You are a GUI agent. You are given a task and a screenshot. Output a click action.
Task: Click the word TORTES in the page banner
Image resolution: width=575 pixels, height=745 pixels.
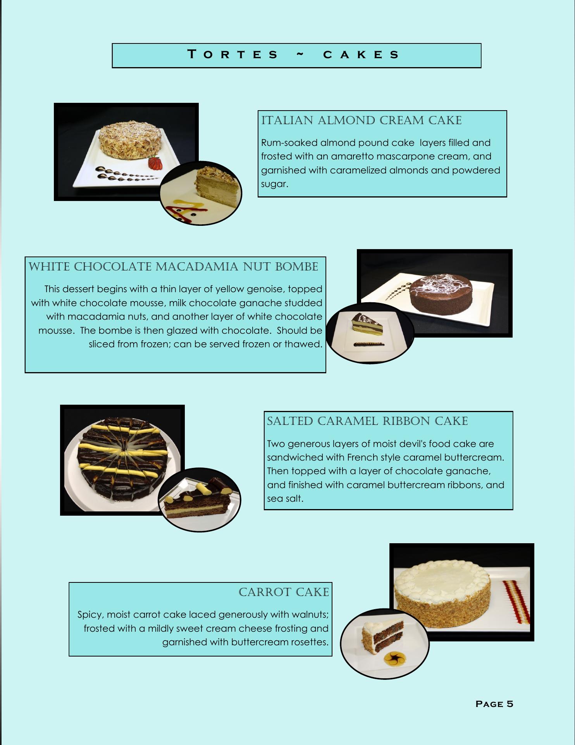[232, 54]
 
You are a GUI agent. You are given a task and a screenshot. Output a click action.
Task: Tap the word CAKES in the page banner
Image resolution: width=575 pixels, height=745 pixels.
[361, 54]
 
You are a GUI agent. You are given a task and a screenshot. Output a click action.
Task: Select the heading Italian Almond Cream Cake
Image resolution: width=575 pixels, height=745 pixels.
[362, 120]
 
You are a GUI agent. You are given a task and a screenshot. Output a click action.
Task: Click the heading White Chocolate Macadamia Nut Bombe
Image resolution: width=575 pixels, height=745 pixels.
[173, 267]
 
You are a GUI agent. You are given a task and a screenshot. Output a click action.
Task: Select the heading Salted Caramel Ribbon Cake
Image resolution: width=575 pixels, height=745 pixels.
[367, 421]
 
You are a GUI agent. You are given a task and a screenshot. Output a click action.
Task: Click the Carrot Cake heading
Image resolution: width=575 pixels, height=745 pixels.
[284, 592]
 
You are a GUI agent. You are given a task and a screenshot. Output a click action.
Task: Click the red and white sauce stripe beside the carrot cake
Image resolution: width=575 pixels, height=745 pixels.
[516, 601]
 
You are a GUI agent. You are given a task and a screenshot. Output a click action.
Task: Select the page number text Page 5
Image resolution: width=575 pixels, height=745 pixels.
[494, 704]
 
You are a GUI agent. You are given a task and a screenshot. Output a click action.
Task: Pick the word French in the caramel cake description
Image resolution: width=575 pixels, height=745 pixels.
[362, 457]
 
